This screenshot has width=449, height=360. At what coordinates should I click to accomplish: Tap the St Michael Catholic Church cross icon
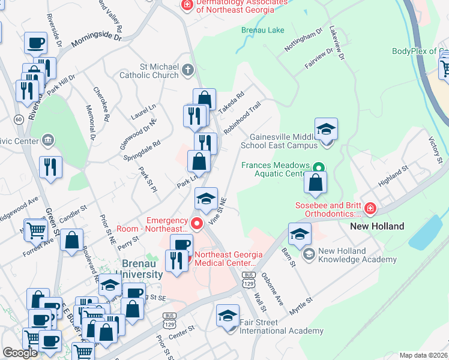pos(187,69)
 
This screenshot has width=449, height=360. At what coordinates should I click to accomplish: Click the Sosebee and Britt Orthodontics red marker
pos(370,208)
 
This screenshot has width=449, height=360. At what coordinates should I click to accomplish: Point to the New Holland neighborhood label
pos(377,226)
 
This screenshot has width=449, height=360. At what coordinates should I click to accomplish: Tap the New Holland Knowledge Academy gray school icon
pos(309,254)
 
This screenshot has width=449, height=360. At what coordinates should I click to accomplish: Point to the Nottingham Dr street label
pos(304,38)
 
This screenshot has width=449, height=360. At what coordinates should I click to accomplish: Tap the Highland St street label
pos(393,178)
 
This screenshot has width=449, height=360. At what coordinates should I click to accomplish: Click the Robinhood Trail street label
pos(243,117)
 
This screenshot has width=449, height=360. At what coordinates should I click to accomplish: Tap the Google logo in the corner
pos(20,353)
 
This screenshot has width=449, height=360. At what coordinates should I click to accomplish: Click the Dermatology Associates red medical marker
pos(187,5)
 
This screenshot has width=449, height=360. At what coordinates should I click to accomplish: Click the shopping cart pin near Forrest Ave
pos(37,229)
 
